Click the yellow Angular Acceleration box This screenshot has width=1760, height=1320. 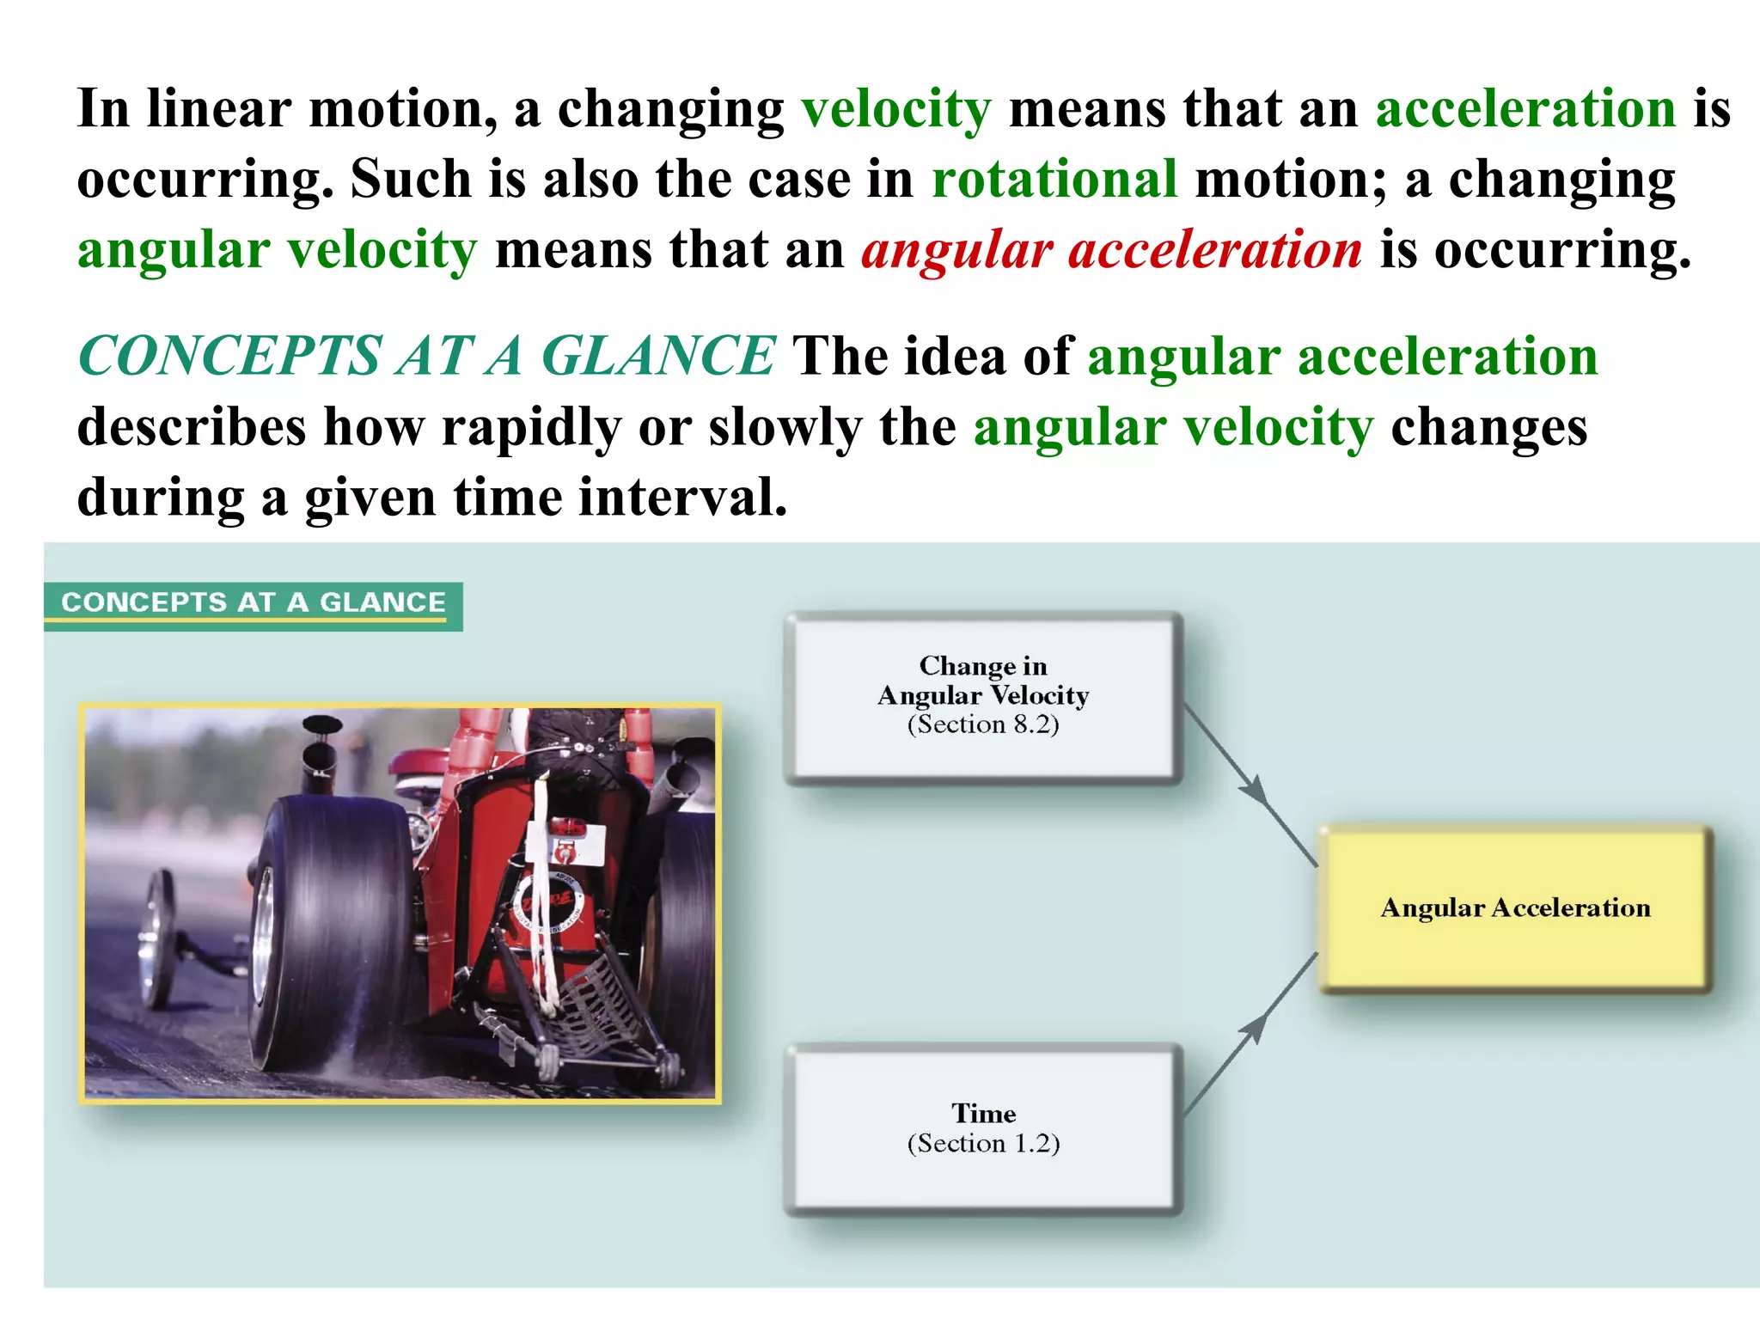tap(1515, 908)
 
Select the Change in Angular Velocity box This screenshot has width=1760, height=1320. tap(983, 696)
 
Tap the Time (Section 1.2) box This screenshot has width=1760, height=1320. tap(983, 1127)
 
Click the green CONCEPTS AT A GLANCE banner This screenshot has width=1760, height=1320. tap(254, 603)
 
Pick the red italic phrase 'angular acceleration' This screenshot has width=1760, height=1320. tap(1111, 250)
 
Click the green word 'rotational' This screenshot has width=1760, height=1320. tap(1054, 180)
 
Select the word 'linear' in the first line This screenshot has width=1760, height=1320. tap(219, 109)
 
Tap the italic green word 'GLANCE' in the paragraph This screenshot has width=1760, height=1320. tap(658, 356)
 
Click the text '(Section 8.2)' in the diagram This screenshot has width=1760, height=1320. tap(983, 724)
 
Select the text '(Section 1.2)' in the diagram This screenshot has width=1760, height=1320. tap(983, 1144)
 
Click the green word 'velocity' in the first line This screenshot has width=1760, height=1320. tap(896, 109)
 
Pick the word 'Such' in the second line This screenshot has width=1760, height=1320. tap(411, 180)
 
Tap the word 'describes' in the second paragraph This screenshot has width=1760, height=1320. tap(192, 427)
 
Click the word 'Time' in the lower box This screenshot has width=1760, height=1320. tap(983, 1114)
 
